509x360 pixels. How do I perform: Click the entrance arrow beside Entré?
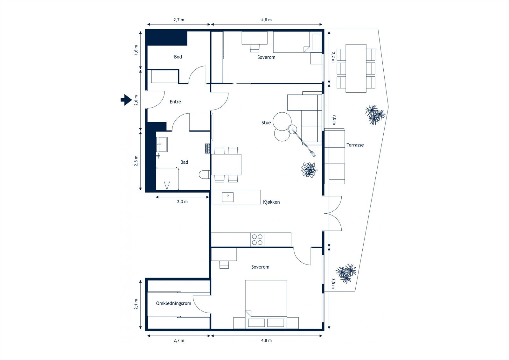pyautogui.click(x=126, y=100)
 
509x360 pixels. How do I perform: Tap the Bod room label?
pyautogui.click(x=178, y=57)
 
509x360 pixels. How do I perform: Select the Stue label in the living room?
pyautogui.click(x=266, y=123)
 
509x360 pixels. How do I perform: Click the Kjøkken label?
pyautogui.click(x=271, y=202)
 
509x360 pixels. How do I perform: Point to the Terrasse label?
pyautogui.click(x=355, y=145)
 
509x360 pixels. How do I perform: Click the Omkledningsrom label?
pyautogui.click(x=174, y=303)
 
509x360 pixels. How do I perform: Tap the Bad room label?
pyautogui.click(x=184, y=162)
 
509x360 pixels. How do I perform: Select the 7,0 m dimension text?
pyautogui.click(x=334, y=120)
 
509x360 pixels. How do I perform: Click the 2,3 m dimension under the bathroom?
pyautogui.click(x=183, y=202)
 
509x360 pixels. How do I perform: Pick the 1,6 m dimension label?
pyautogui.click(x=136, y=50)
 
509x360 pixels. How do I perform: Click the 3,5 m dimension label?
pyautogui.click(x=333, y=283)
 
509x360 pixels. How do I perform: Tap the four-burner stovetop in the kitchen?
pyautogui.click(x=257, y=240)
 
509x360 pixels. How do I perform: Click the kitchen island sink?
pyautogui.click(x=228, y=197)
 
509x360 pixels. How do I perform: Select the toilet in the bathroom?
pyautogui.click(x=205, y=175)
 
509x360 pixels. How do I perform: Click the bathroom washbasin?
pyautogui.click(x=162, y=144)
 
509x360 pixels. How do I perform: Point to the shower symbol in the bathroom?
pyautogui.click(x=167, y=185)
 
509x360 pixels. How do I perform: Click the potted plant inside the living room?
pyautogui.click(x=309, y=170)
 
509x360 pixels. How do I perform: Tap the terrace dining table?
pyautogui.click(x=356, y=68)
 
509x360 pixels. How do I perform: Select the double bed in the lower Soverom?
pyautogui.click(x=266, y=304)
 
